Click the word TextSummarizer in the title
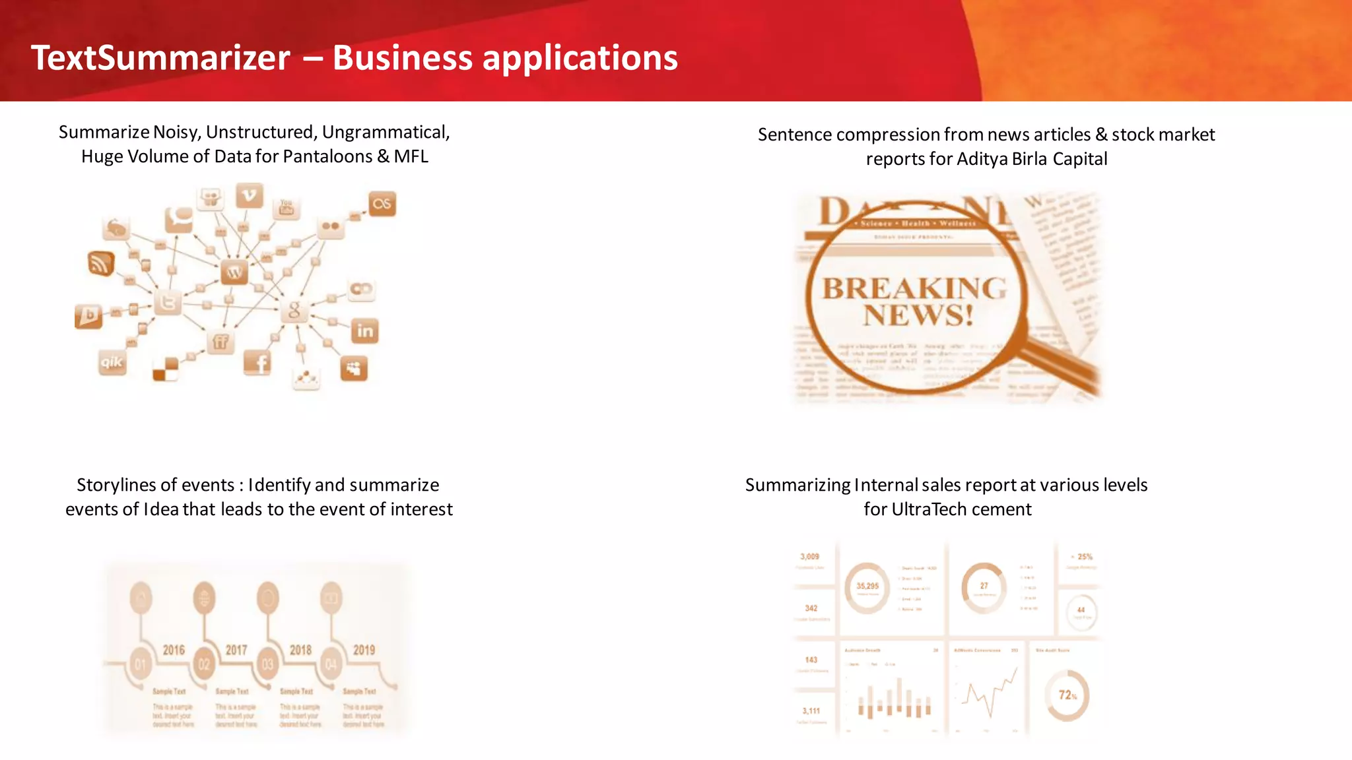pos(160,58)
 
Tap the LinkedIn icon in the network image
pos(365,331)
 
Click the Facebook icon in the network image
pos(258,362)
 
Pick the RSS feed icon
pos(101,263)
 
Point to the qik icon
pos(112,362)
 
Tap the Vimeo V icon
pos(250,195)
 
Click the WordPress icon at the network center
pos(234,272)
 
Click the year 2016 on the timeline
pos(174,650)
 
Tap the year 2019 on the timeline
pos(364,650)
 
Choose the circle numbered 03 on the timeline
pos(267,664)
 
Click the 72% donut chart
pos(1067,695)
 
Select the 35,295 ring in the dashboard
pos(867,586)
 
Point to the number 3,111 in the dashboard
pos(811,711)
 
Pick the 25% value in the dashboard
pos(1084,557)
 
